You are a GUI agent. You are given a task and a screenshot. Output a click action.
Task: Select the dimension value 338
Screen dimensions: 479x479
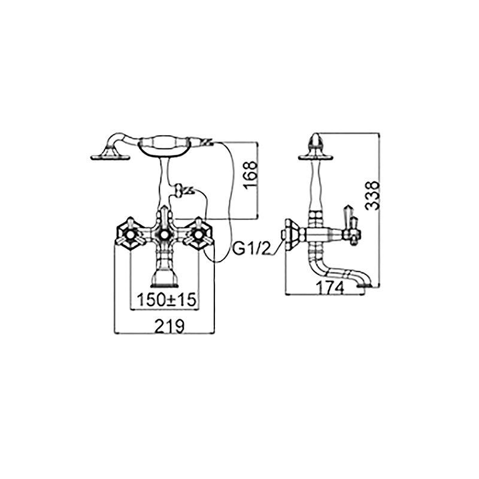pos(372,196)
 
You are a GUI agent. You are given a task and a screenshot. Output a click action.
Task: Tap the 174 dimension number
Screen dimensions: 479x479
pos(330,288)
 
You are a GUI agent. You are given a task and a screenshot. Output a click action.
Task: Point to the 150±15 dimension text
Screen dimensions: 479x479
pos(166,300)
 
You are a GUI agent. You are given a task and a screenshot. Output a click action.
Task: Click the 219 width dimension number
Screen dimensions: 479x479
pos(170,326)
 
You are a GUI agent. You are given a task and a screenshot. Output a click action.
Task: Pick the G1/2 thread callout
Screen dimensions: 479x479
pos(252,249)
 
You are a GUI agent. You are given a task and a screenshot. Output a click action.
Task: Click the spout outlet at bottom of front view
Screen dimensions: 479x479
pos(165,278)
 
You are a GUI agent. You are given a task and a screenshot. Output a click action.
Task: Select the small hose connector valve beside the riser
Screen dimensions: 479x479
pos(183,190)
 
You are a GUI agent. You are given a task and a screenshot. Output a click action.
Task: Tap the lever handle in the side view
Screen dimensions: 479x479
pos(350,225)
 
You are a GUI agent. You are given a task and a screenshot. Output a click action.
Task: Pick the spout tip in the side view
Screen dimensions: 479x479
pos(366,285)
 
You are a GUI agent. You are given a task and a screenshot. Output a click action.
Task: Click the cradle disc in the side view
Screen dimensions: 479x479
pos(316,157)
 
